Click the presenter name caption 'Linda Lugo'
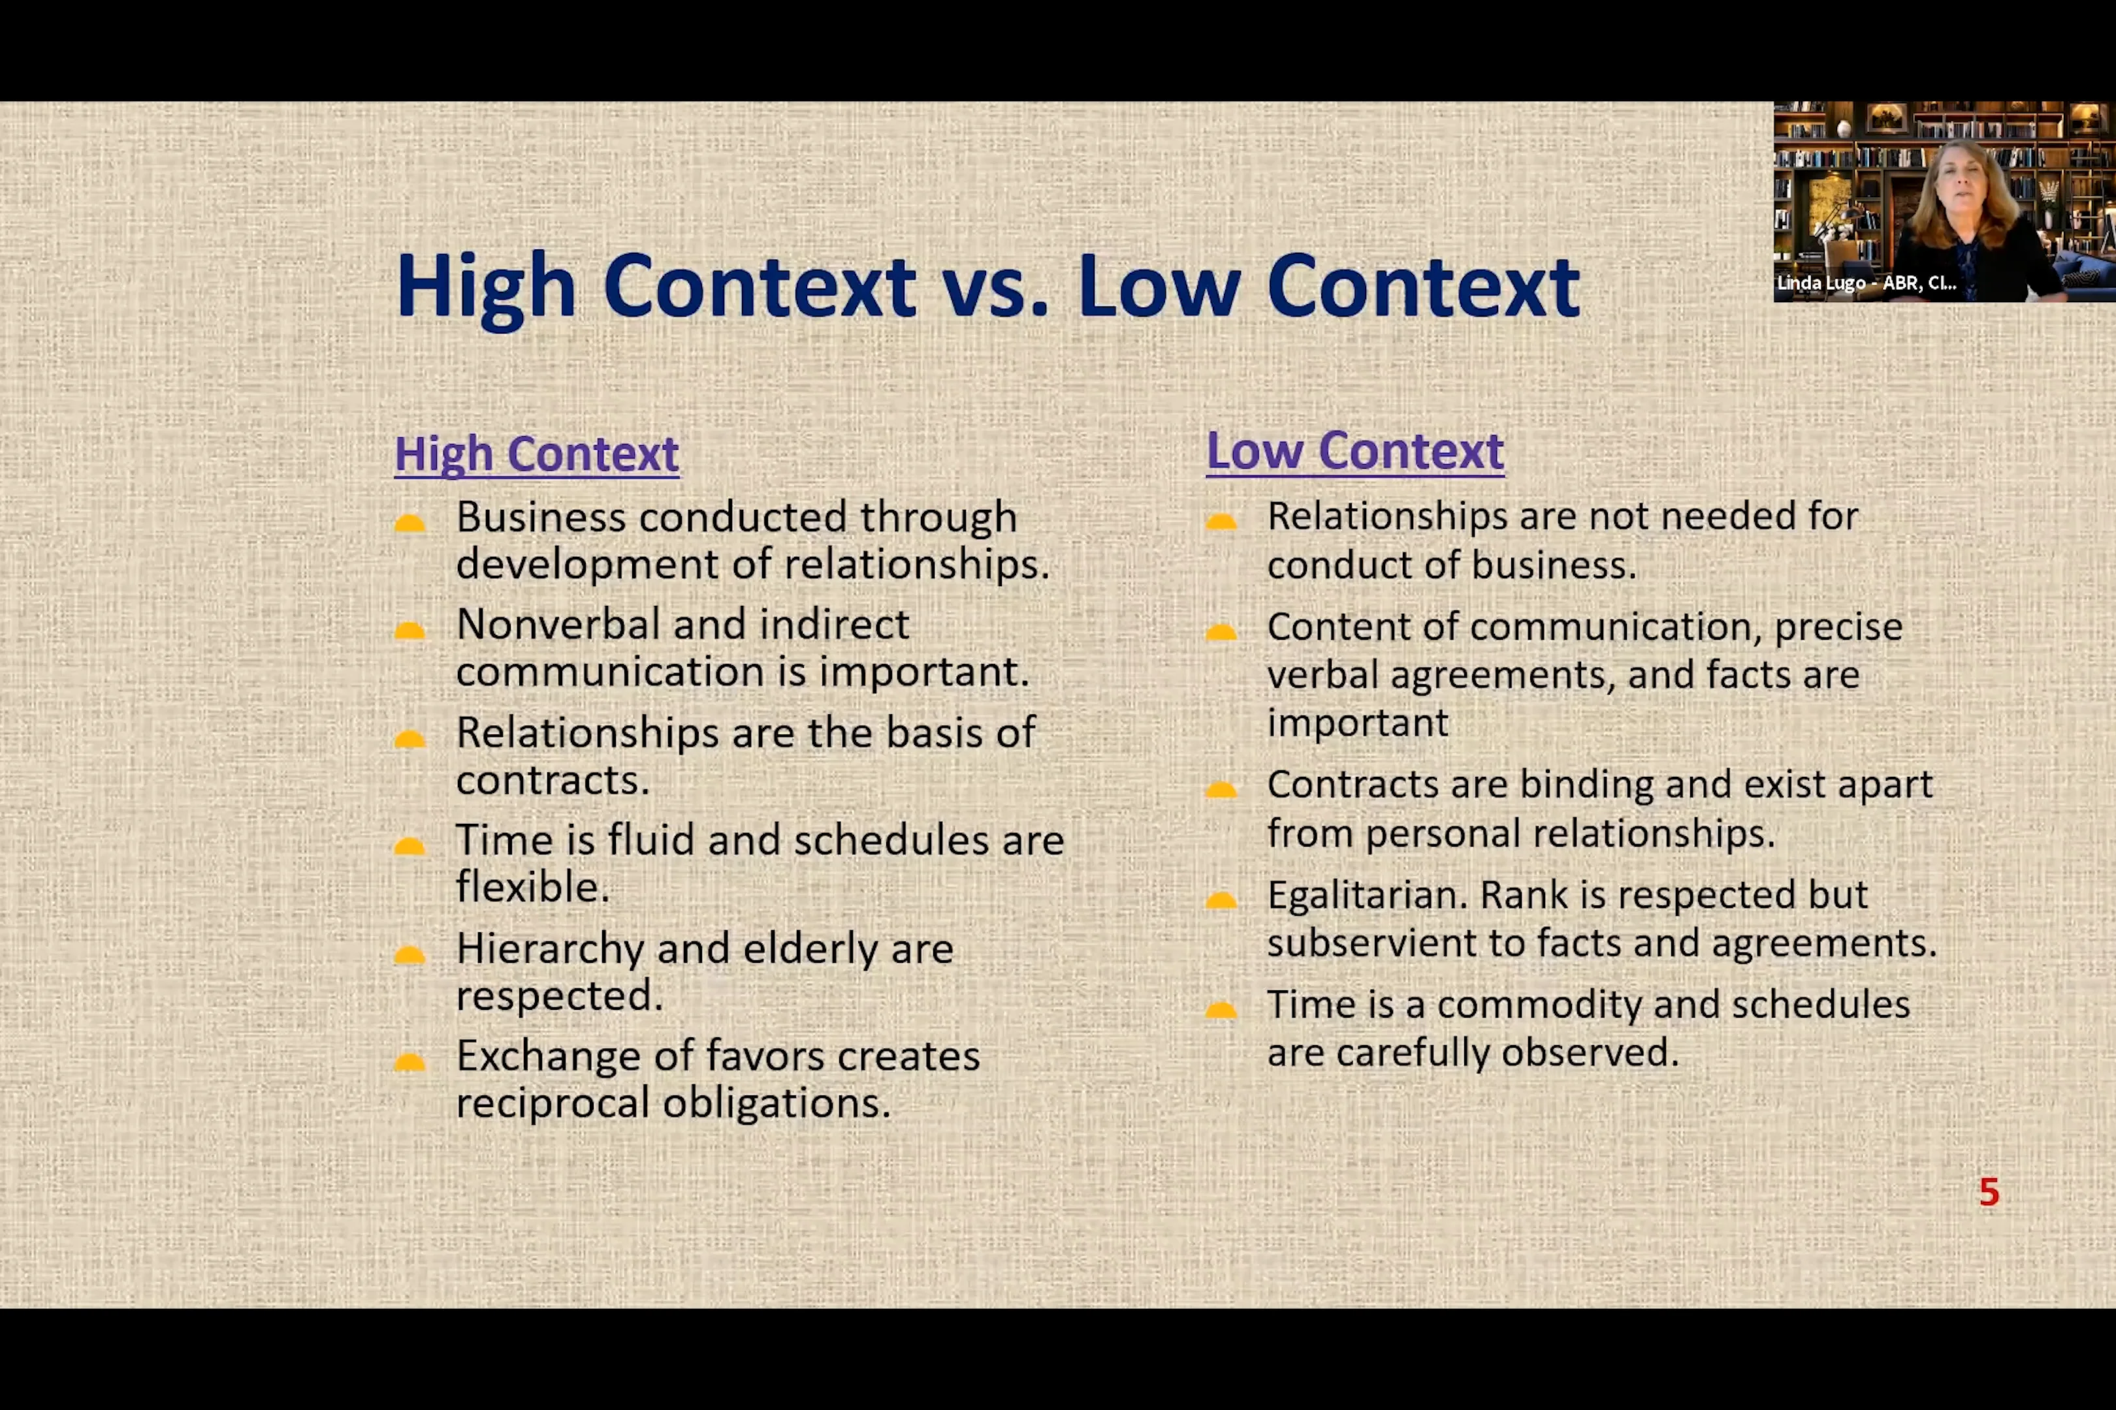pyautogui.click(x=1820, y=283)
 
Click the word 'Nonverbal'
pyautogui.click(x=558, y=624)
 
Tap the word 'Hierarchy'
pyautogui.click(x=550, y=948)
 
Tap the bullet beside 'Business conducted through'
pyautogui.click(x=409, y=524)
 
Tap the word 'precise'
pyautogui.click(x=1838, y=627)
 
